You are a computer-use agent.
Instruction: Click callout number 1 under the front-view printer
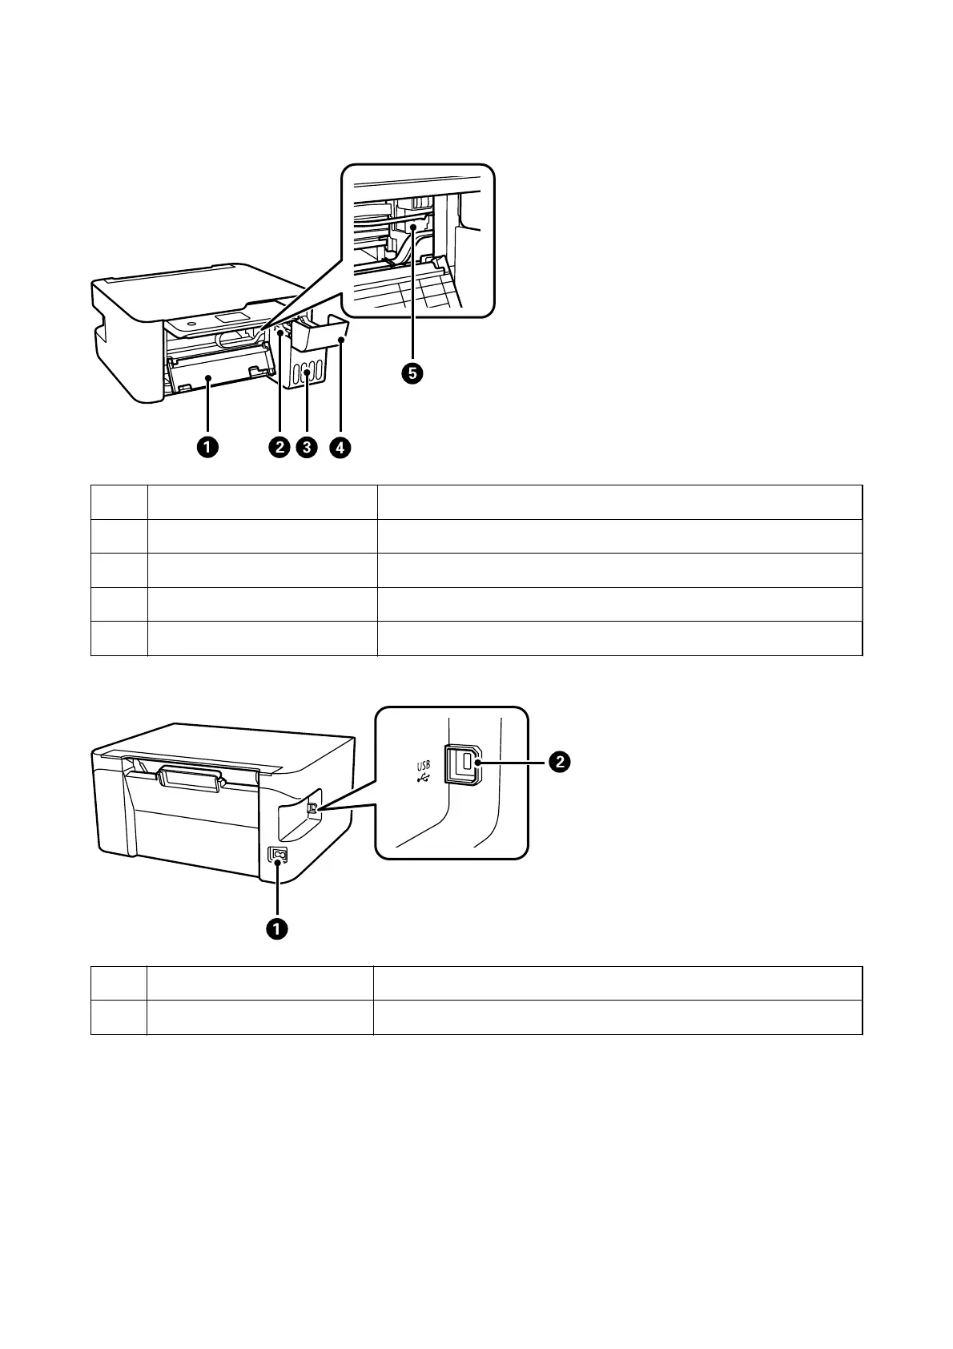tap(207, 447)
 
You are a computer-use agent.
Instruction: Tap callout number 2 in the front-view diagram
tap(279, 447)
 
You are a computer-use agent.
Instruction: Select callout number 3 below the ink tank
tap(306, 447)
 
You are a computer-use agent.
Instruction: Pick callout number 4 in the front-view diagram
tap(339, 447)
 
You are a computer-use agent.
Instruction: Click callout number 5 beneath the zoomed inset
tap(413, 372)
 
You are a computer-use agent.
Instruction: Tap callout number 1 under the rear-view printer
tap(277, 928)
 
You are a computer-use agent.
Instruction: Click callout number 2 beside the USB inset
tap(558, 763)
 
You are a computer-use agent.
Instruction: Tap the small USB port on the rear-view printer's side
tap(312, 809)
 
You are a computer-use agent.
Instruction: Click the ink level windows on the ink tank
tap(308, 372)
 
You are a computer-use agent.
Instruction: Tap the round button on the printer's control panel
tap(194, 324)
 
